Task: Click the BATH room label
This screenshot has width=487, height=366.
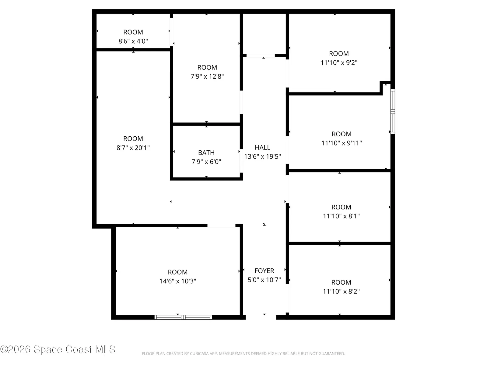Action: pyautogui.click(x=206, y=153)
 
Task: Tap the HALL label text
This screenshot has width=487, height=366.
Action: pyautogui.click(x=262, y=147)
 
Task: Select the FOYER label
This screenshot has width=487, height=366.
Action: pyautogui.click(x=264, y=271)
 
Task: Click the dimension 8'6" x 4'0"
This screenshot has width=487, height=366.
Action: pyautogui.click(x=133, y=41)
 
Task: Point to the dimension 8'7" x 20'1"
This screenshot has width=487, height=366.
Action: pyautogui.click(x=133, y=148)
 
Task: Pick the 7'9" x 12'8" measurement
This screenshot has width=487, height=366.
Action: pyautogui.click(x=207, y=77)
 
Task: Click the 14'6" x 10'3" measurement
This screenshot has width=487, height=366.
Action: pyautogui.click(x=178, y=281)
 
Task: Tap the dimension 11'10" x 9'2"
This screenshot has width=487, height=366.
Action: pyautogui.click(x=339, y=63)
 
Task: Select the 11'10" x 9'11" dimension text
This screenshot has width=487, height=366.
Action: pyautogui.click(x=342, y=143)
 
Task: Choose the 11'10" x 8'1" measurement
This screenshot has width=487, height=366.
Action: pyautogui.click(x=341, y=216)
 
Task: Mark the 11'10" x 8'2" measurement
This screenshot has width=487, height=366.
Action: pyautogui.click(x=341, y=291)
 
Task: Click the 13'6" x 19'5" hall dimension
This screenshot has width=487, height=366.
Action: pyautogui.click(x=262, y=156)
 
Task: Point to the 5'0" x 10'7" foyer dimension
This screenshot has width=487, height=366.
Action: pyautogui.click(x=264, y=280)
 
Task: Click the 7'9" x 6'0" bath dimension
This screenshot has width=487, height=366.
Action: pyautogui.click(x=206, y=162)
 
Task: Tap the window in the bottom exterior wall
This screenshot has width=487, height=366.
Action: pyautogui.click(x=183, y=317)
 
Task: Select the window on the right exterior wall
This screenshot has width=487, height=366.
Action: pyautogui.click(x=393, y=112)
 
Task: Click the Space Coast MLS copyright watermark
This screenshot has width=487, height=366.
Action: pyautogui.click(x=58, y=349)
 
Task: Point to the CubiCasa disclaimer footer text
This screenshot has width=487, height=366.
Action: pyautogui.click(x=243, y=353)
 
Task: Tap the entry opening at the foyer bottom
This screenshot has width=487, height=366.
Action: pyautogui.click(x=261, y=317)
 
